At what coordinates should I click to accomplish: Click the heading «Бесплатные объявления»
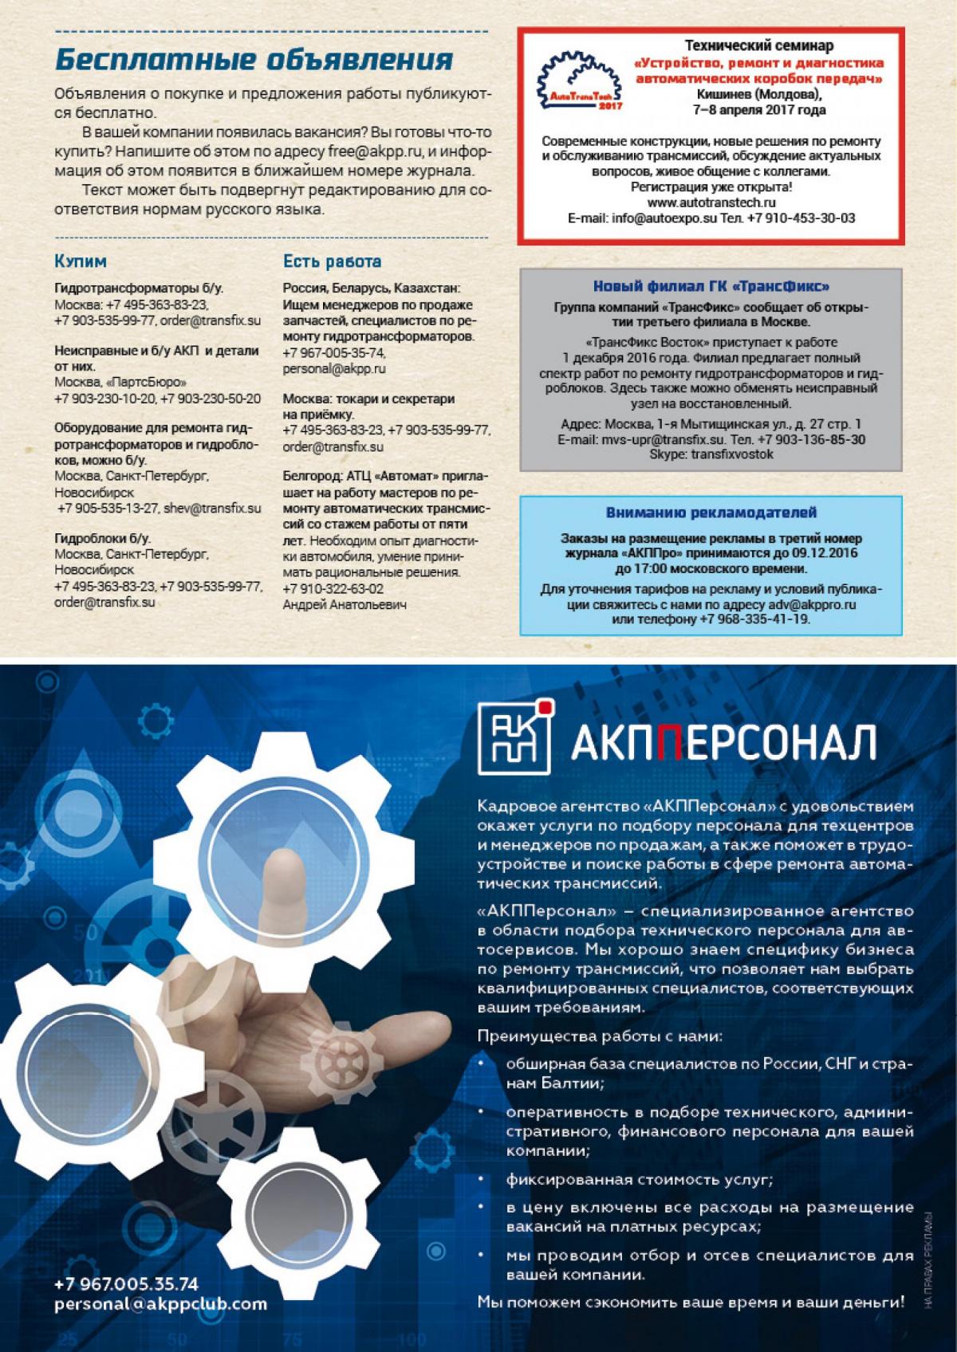pos(254,61)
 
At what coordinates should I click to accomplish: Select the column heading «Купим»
pos(81,261)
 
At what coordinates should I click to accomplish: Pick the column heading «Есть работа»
pos(333,261)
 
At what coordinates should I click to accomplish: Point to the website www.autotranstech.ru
pos(711,202)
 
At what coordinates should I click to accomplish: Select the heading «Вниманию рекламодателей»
pos(711,513)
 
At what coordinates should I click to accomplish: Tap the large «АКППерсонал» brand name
pos(723,741)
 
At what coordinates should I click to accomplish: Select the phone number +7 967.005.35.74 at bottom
pos(126,1284)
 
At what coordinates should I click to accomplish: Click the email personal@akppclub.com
pos(160,1305)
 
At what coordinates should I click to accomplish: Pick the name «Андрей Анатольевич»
pos(345,605)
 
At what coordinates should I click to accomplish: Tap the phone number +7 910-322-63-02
pos(333,589)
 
